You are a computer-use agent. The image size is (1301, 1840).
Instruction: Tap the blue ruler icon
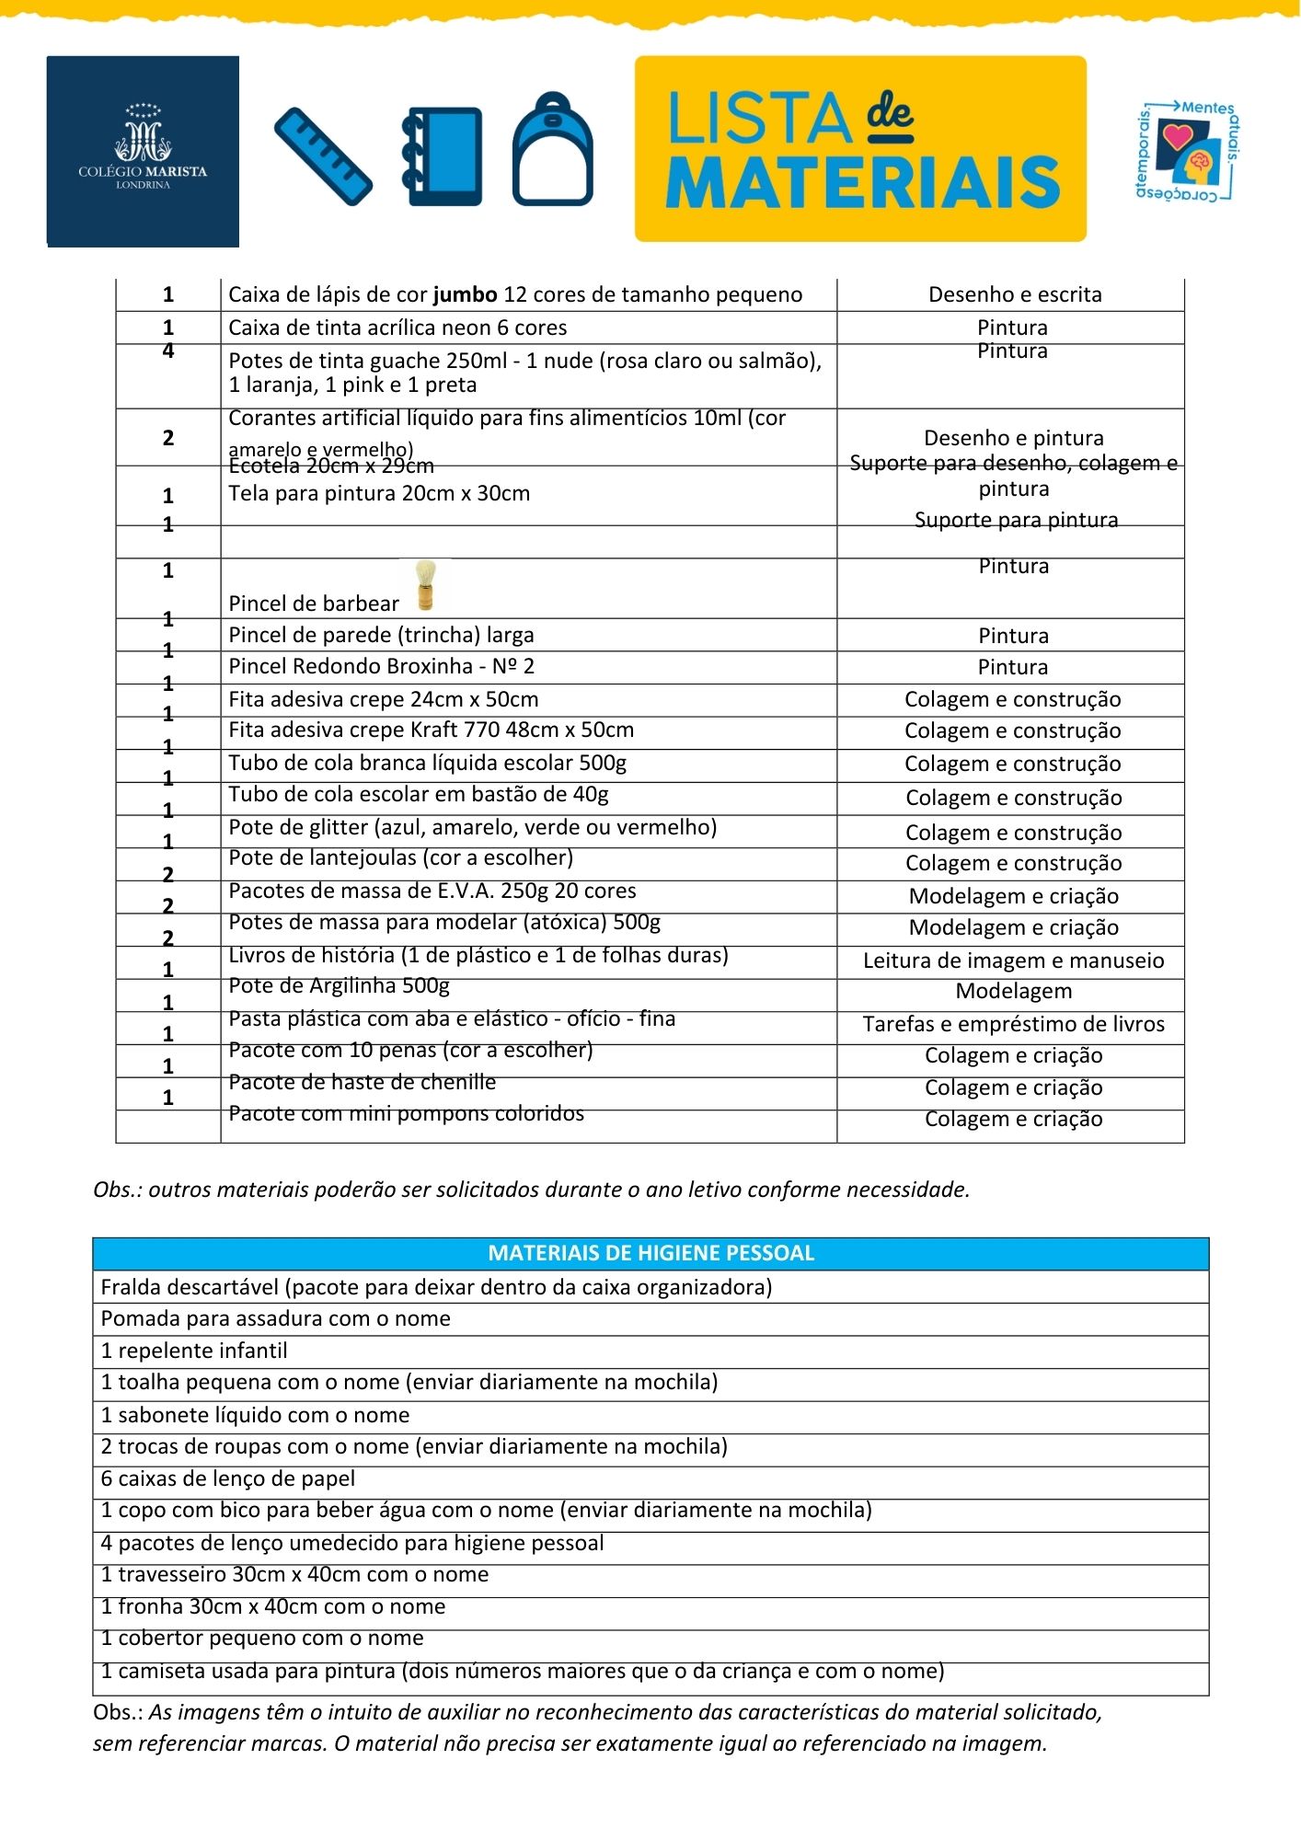pos(323,156)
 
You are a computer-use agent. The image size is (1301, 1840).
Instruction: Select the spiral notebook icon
pos(443,156)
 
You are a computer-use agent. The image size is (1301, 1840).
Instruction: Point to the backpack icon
pos(552,149)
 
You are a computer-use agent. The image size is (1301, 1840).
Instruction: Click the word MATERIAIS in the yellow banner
pos(862,182)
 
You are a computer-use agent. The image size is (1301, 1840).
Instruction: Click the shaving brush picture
pos(425,585)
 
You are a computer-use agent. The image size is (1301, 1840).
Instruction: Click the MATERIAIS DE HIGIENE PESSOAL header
pos(650,1253)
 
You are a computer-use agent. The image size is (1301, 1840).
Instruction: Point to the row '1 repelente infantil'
pos(194,1351)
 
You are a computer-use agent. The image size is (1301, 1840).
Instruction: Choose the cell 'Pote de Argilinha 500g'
pos(339,986)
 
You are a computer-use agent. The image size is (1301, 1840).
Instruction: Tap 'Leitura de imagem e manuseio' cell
pos(1013,960)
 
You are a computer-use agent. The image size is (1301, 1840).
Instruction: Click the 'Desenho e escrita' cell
pos(1014,294)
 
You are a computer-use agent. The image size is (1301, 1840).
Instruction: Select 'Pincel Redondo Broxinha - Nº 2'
pos(381,666)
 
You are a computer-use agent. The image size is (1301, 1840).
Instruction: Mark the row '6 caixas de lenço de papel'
pos(227,1478)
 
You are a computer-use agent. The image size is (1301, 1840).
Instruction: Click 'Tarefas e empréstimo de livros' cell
pos(1013,1024)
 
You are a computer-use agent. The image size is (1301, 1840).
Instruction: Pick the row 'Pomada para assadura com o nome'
pos(275,1318)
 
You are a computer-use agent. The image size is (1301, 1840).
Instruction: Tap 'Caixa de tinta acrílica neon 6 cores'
pos(397,328)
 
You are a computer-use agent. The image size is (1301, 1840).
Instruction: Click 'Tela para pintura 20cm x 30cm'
pos(379,493)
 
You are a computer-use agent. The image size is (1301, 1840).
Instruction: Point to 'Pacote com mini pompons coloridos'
pos(406,1113)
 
